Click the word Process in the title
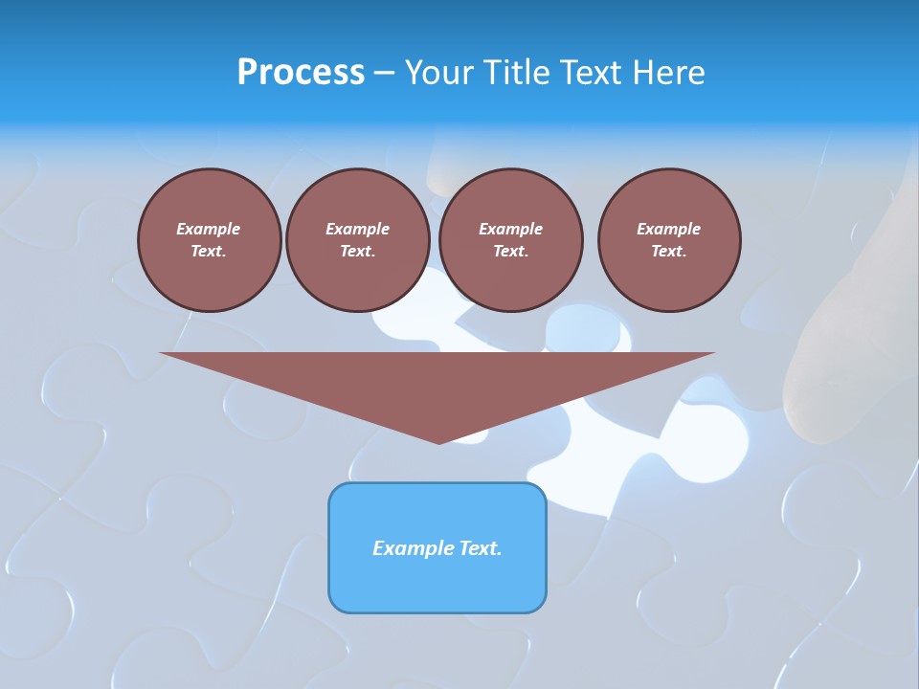[301, 73]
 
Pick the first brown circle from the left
[209, 240]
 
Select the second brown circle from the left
[357, 240]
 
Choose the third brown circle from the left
[510, 240]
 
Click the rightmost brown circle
[668, 240]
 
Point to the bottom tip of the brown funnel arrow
[438, 442]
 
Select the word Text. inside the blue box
[481, 548]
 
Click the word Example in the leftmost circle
[209, 229]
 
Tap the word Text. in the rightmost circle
[668, 252]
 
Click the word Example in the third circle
[510, 229]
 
